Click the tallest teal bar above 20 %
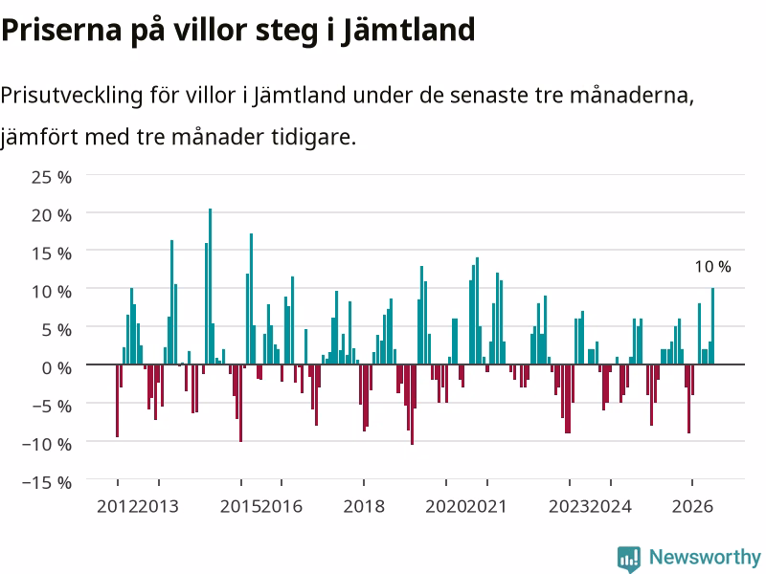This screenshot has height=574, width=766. point(210,286)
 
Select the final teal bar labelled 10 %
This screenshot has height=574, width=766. point(712,326)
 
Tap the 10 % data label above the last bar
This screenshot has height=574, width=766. point(712,267)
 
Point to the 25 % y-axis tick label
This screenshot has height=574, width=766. point(52,177)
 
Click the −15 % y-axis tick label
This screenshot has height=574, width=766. point(47,482)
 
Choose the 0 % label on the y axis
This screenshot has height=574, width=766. point(56,367)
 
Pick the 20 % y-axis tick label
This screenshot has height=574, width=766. point(52,214)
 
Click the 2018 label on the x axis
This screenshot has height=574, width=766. point(364,506)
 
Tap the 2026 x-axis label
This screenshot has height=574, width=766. point(692,506)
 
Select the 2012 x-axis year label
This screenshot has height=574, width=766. point(117,506)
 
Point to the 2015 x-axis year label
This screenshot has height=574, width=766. point(240,506)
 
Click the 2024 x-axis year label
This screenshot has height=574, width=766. point(611,506)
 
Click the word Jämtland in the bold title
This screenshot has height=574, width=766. point(408,30)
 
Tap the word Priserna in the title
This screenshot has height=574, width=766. point(61,30)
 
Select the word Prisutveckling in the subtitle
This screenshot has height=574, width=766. point(71,95)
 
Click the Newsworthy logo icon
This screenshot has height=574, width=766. point(629,559)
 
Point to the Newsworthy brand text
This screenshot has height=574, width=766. point(705,557)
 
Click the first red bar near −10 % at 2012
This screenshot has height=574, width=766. point(117,400)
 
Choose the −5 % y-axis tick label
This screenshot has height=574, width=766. point(47,406)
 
